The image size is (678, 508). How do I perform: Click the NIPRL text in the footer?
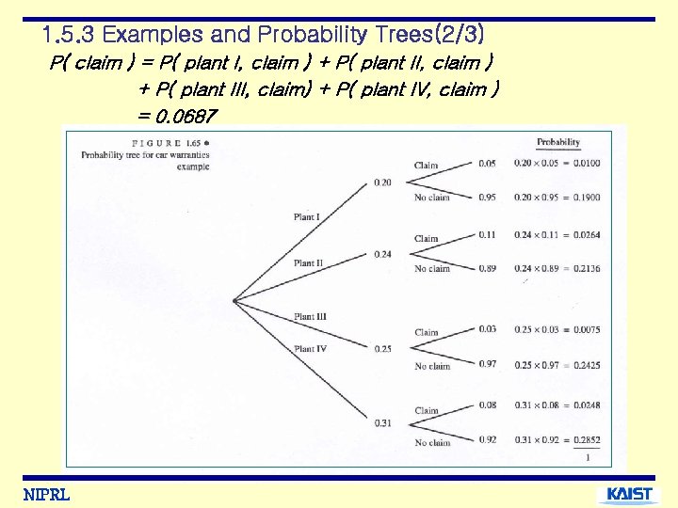pos(46,495)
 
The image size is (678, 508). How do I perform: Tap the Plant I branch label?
pos(306,217)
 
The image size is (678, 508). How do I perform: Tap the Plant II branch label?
pos(308,263)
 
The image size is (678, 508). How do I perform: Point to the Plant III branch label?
pos(310,317)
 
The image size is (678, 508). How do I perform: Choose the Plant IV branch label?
pos(310,349)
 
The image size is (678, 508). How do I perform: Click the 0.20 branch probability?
pos(382,182)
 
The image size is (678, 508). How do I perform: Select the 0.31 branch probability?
pos(382,422)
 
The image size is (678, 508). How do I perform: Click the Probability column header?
pos(558,143)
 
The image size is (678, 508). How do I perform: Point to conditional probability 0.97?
pos(487,364)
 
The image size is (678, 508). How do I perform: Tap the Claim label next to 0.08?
pos(427,411)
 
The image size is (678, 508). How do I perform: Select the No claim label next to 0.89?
pos(432,269)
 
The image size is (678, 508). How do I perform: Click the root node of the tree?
pos(234,301)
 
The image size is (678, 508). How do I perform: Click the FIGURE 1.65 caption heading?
pos(147,142)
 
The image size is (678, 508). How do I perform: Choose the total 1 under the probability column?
pos(588,458)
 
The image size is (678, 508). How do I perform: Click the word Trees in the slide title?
pos(387,36)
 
